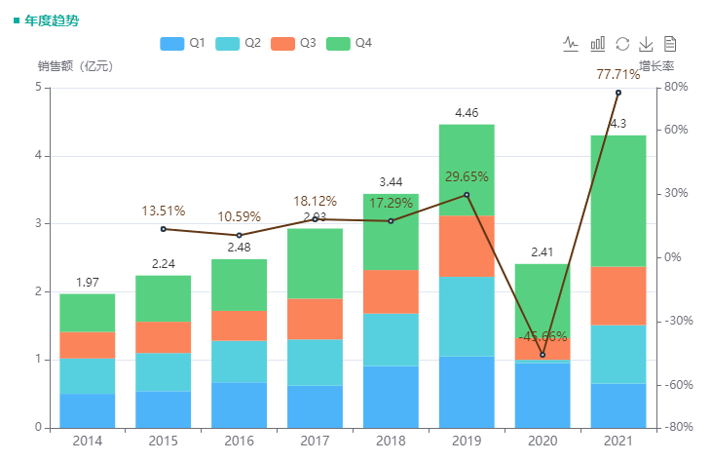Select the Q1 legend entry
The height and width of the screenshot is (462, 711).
(x=182, y=43)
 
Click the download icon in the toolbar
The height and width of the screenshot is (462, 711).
(x=646, y=44)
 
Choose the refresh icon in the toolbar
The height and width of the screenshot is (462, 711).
(x=622, y=44)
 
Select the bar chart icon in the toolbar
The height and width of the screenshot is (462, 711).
(x=598, y=44)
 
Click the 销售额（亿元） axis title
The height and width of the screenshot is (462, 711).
(x=76, y=66)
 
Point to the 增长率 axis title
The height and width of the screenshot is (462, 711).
(x=656, y=66)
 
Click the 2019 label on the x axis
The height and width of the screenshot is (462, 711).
(x=467, y=442)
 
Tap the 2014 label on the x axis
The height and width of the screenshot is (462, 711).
(x=87, y=442)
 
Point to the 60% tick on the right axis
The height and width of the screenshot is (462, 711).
(x=676, y=130)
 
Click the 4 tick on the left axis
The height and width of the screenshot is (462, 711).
(x=38, y=156)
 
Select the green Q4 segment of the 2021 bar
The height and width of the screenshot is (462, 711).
(x=618, y=200)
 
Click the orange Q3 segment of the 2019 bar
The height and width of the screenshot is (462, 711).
(x=467, y=246)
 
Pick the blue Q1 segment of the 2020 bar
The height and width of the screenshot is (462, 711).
(x=543, y=395)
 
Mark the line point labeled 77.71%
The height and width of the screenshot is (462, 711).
(x=618, y=93)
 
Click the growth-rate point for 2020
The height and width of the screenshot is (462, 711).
(x=543, y=355)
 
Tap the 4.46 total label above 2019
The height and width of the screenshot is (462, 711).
(x=467, y=113)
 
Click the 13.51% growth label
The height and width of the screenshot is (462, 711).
(x=163, y=211)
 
